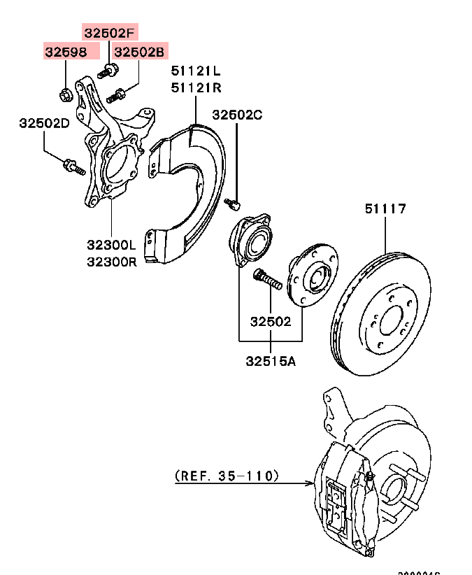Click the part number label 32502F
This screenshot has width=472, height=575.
point(110,32)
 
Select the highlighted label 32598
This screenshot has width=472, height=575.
point(66,52)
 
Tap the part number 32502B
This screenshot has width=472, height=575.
point(139,52)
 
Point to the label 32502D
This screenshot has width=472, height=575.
point(44,123)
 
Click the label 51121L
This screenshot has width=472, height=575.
point(196,71)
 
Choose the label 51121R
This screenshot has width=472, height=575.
point(196,87)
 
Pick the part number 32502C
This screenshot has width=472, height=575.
point(237,115)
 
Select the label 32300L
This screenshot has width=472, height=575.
point(112,246)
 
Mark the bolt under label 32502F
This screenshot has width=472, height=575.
point(108,70)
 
